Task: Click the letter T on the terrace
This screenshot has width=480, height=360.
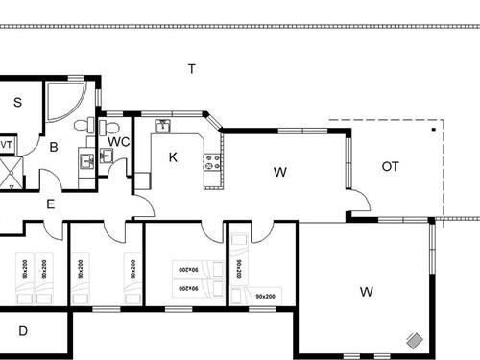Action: (192, 68)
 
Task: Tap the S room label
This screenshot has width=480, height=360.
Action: (18, 101)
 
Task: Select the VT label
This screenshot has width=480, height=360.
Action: (5, 145)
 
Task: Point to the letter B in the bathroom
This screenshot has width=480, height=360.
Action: (54, 147)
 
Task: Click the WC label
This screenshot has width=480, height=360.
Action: (117, 142)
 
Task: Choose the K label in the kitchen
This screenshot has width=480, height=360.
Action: (173, 156)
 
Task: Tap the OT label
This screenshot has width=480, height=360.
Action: (390, 166)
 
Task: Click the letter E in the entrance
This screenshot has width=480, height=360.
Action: (50, 204)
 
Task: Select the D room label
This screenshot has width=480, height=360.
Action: (22, 330)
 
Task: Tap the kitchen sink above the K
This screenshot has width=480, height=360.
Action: (163, 125)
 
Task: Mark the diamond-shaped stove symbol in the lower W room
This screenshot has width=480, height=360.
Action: (415, 340)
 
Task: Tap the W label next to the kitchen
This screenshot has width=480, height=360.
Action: (280, 173)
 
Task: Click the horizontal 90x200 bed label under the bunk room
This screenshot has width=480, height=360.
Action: (266, 297)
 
